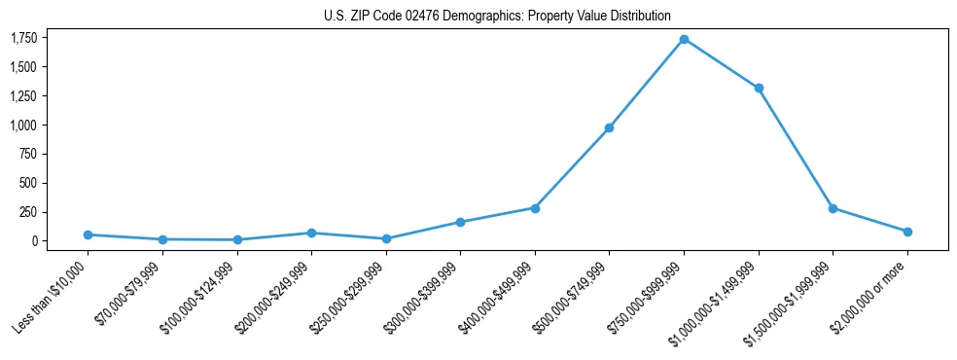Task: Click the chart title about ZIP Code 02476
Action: coord(497,16)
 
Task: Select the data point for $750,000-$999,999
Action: coord(684,39)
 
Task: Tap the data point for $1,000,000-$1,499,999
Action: coord(759,88)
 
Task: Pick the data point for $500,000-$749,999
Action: coord(609,127)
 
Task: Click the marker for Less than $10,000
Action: coord(88,234)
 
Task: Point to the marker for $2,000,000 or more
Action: coord(907,232)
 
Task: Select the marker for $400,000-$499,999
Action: coord(535,207)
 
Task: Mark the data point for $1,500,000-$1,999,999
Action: coord(833,208)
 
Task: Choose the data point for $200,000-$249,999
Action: coord(311,233)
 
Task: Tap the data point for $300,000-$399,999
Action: coord(460,222)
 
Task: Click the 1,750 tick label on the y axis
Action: coord(23,38)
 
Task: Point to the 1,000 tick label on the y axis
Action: coord(23,126)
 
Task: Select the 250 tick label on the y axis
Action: coord(28,212)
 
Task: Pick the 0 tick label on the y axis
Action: coord(34,241)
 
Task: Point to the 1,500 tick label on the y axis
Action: coord(23,67)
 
